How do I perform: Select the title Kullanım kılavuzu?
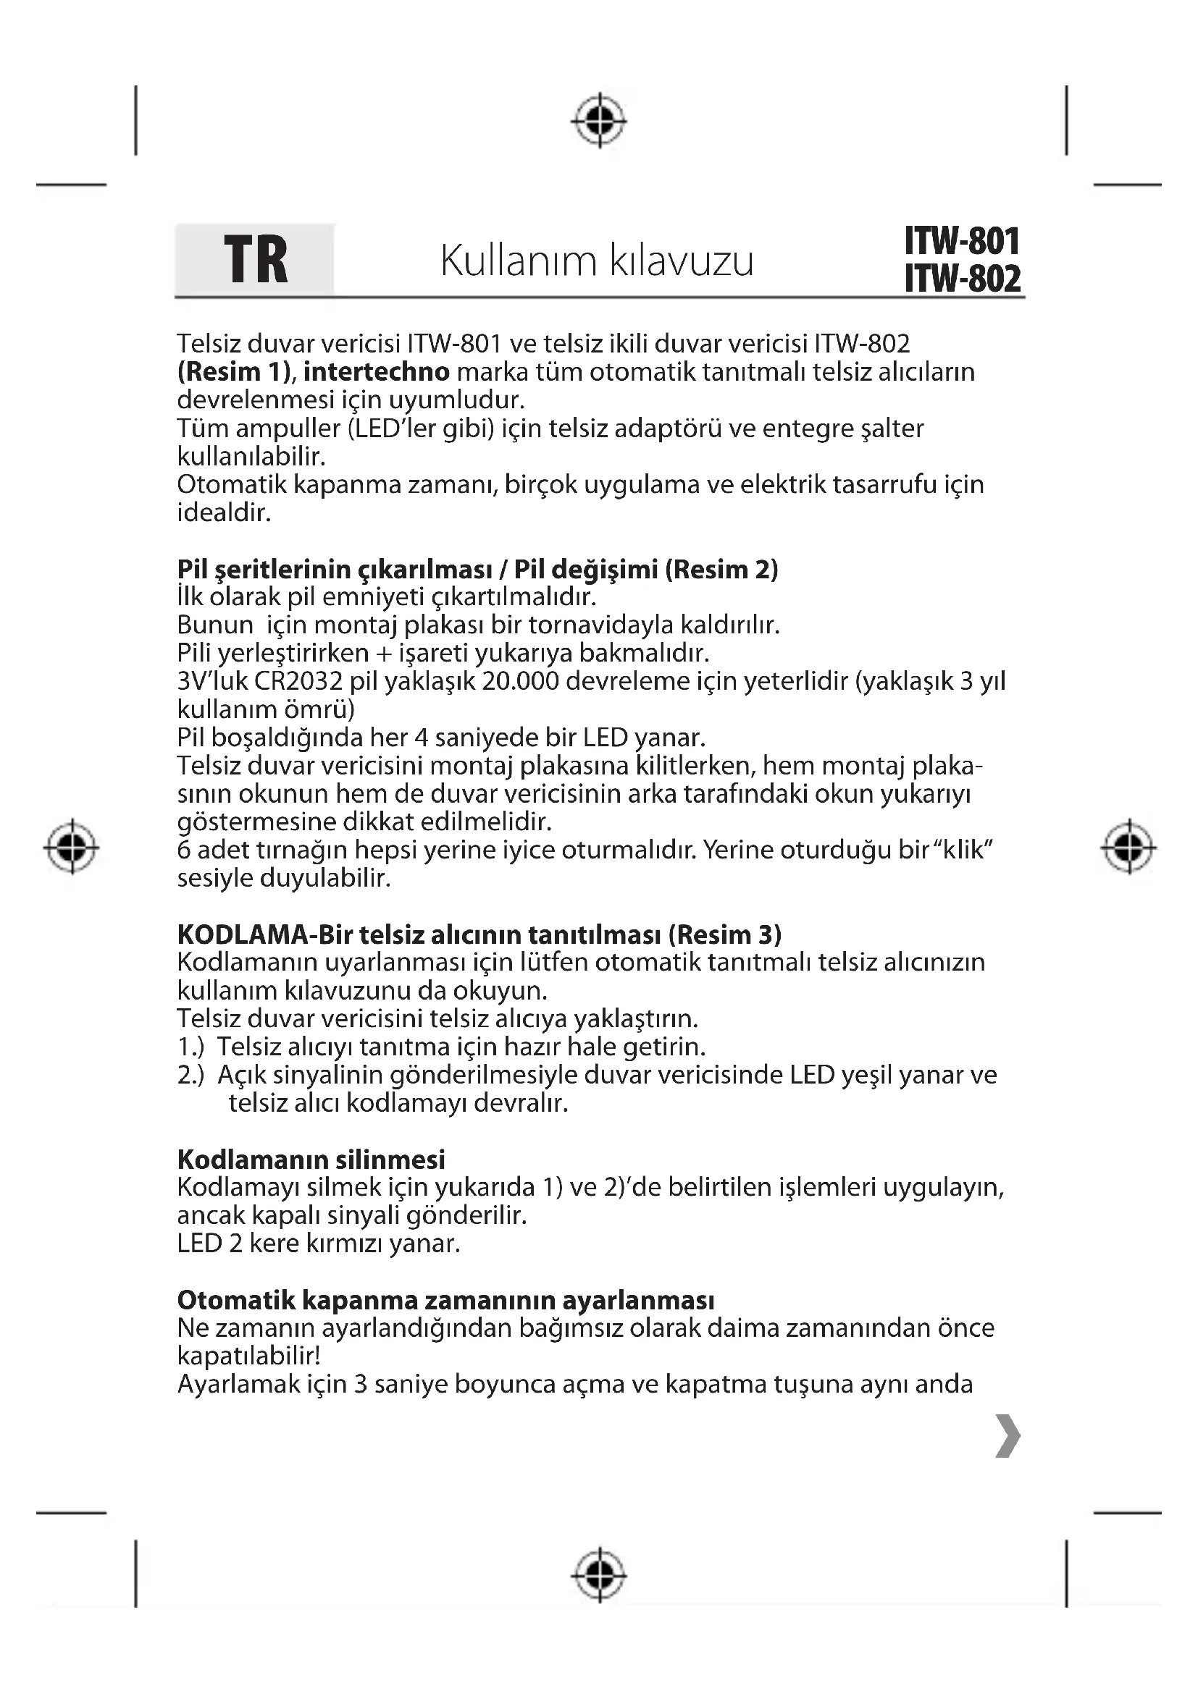tap(597, 261)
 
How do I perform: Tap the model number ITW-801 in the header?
tap(962, 241)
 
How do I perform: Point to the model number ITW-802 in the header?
tap(962, 279)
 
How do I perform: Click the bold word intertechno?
tap(376, 371)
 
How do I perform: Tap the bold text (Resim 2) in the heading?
tap(721, 569)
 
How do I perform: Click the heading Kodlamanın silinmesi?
tap(311, 1160)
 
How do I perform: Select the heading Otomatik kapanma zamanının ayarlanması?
tap(445, 1300)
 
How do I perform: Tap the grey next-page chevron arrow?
tap(1008, 1436)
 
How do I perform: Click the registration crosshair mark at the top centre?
tap(599, 119)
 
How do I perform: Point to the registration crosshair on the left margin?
tap(72, 847)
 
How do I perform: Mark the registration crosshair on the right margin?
tap(1128, 847)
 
